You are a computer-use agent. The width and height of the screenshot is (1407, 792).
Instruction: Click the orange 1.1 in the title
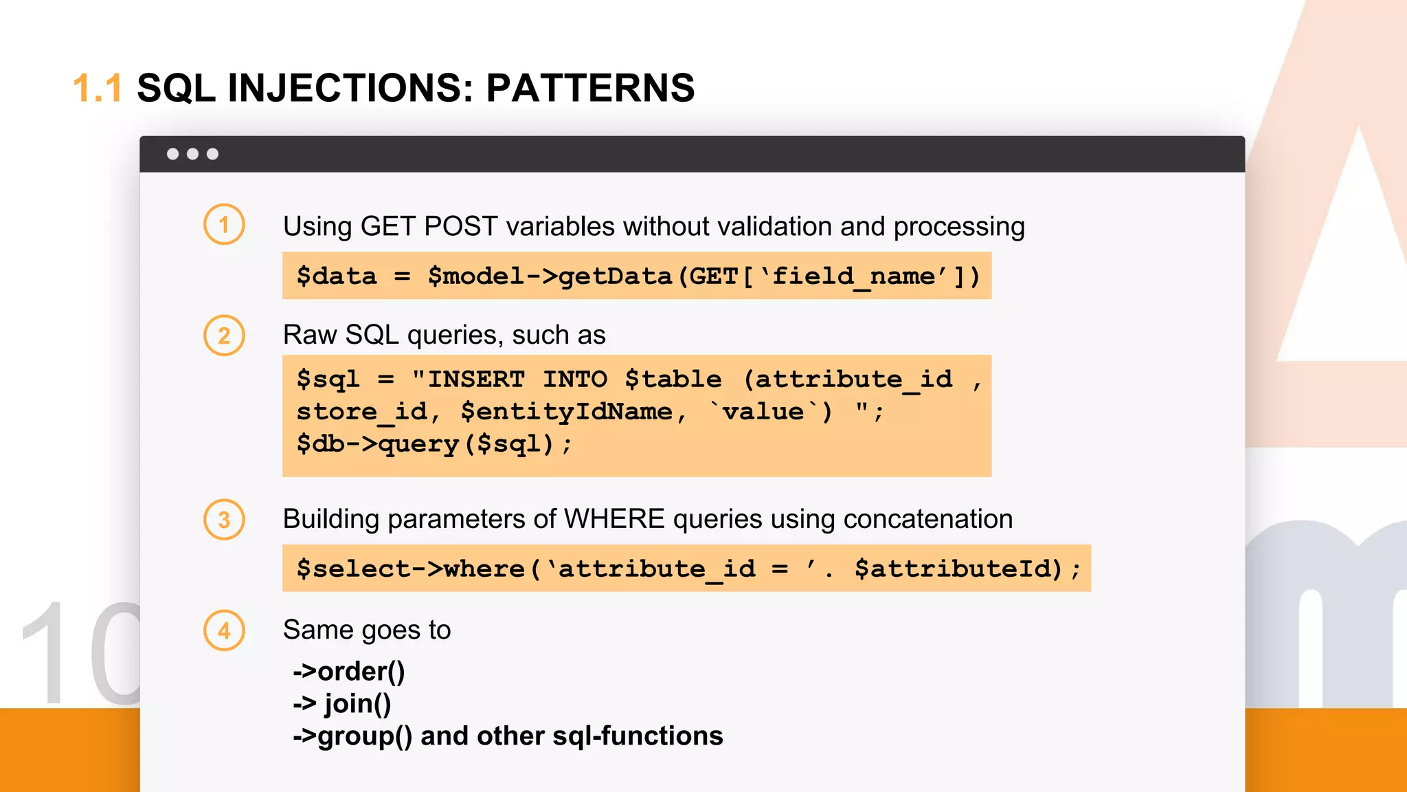click(97, 88)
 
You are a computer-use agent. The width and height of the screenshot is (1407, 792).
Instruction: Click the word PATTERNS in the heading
click(590, 88)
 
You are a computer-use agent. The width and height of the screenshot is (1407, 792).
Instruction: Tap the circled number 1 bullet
click(224, 224)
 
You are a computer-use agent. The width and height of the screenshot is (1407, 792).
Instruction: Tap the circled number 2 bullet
click(224, 335)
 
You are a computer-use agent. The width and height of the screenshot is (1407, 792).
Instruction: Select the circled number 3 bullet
click(224, 520)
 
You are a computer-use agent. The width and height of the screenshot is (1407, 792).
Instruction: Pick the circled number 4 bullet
click(224, 630)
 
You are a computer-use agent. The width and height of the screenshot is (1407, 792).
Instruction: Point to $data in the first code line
click(337, 276)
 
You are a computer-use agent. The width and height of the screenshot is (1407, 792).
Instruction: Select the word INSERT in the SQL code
click(476, 379)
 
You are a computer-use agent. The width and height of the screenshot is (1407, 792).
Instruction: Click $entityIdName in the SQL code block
click(566, 412)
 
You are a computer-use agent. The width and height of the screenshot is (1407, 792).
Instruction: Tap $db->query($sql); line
click(434, 444)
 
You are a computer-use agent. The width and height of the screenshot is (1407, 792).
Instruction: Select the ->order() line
click(349, 671)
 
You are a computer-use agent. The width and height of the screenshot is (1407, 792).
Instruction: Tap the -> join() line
click(342, 703)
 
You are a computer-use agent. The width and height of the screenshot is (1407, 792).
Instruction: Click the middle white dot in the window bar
click(193, 154)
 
